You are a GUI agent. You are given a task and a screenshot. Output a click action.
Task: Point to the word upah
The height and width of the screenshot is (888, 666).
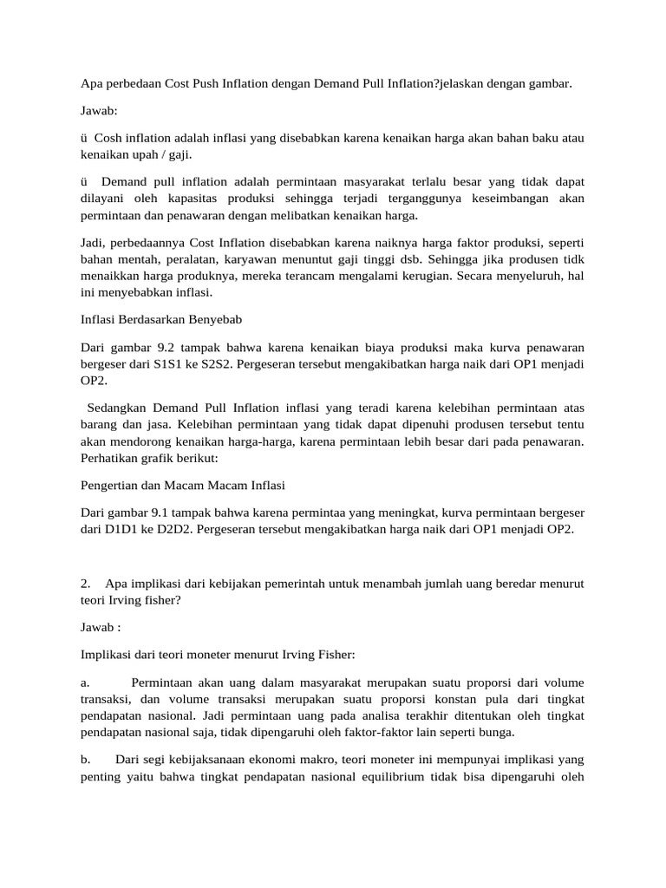point(143,154)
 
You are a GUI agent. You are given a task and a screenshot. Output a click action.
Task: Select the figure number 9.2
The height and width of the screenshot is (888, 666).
point(162,348)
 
